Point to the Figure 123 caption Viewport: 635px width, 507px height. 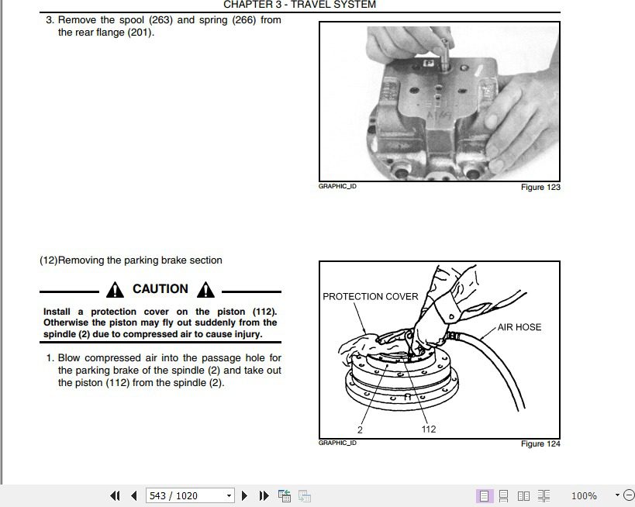pyautogui.click(x=540, y=187)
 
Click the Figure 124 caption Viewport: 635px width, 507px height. pyautogui.click(x=540, y=444)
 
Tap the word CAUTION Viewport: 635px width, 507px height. pyautogui.click(x=160, y=288)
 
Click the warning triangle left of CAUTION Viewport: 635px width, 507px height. pyautogui.click(x=115, y=290)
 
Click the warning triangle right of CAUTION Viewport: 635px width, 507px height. pyautogui.click(x=205, y=290)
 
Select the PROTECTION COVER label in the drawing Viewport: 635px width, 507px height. pyautogui.click(x=370, y=296)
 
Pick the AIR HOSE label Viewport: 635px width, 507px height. pyautogui.click(x=519, y=327)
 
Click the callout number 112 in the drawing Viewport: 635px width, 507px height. pyautogui.click(x=429, y=429)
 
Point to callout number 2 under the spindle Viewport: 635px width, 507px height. pyautogui.click(x=360, y=429)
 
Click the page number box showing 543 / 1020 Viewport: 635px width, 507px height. pyautogui.click(x=190, y=495)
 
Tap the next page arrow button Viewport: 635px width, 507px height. pyautogui.click(x=244, y=495)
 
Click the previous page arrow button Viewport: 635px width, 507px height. pyautogui.click(x=134, y=495)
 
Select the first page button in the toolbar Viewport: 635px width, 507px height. pyautogui.click(x=115, y=495)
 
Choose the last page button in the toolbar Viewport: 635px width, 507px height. pyautogui.click(x=264, y=495)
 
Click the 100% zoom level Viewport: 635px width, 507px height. pyautogui.click(x=584, y=495)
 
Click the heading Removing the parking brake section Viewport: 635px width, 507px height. pyautogui.click(x=140, y=260)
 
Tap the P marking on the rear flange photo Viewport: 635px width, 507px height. pyautogui.click(x=428, y=63)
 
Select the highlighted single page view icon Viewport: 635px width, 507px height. pyautogui.click(x=484, y=495)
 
